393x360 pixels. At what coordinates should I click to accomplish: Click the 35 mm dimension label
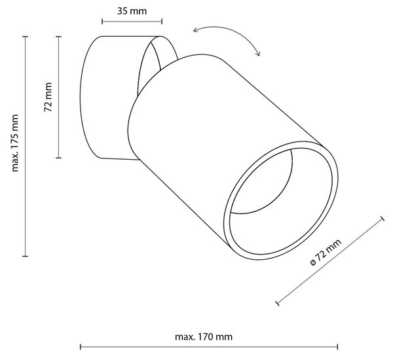tap(132, 11)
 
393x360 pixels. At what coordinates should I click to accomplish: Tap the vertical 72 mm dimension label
tap(48, 97)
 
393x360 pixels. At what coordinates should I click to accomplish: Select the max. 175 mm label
tap(15, 143)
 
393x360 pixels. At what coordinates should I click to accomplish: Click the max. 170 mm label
tap(204, 336)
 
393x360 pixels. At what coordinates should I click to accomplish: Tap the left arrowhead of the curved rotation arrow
tap(195, 30)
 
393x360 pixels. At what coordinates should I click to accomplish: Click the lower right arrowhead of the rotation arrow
tap(258, 53)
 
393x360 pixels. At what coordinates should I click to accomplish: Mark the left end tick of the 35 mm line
tap(102, 22)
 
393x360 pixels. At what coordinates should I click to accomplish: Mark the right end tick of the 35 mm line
tap(162, 22)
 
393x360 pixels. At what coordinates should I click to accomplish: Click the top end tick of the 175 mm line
tap(25, 37)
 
